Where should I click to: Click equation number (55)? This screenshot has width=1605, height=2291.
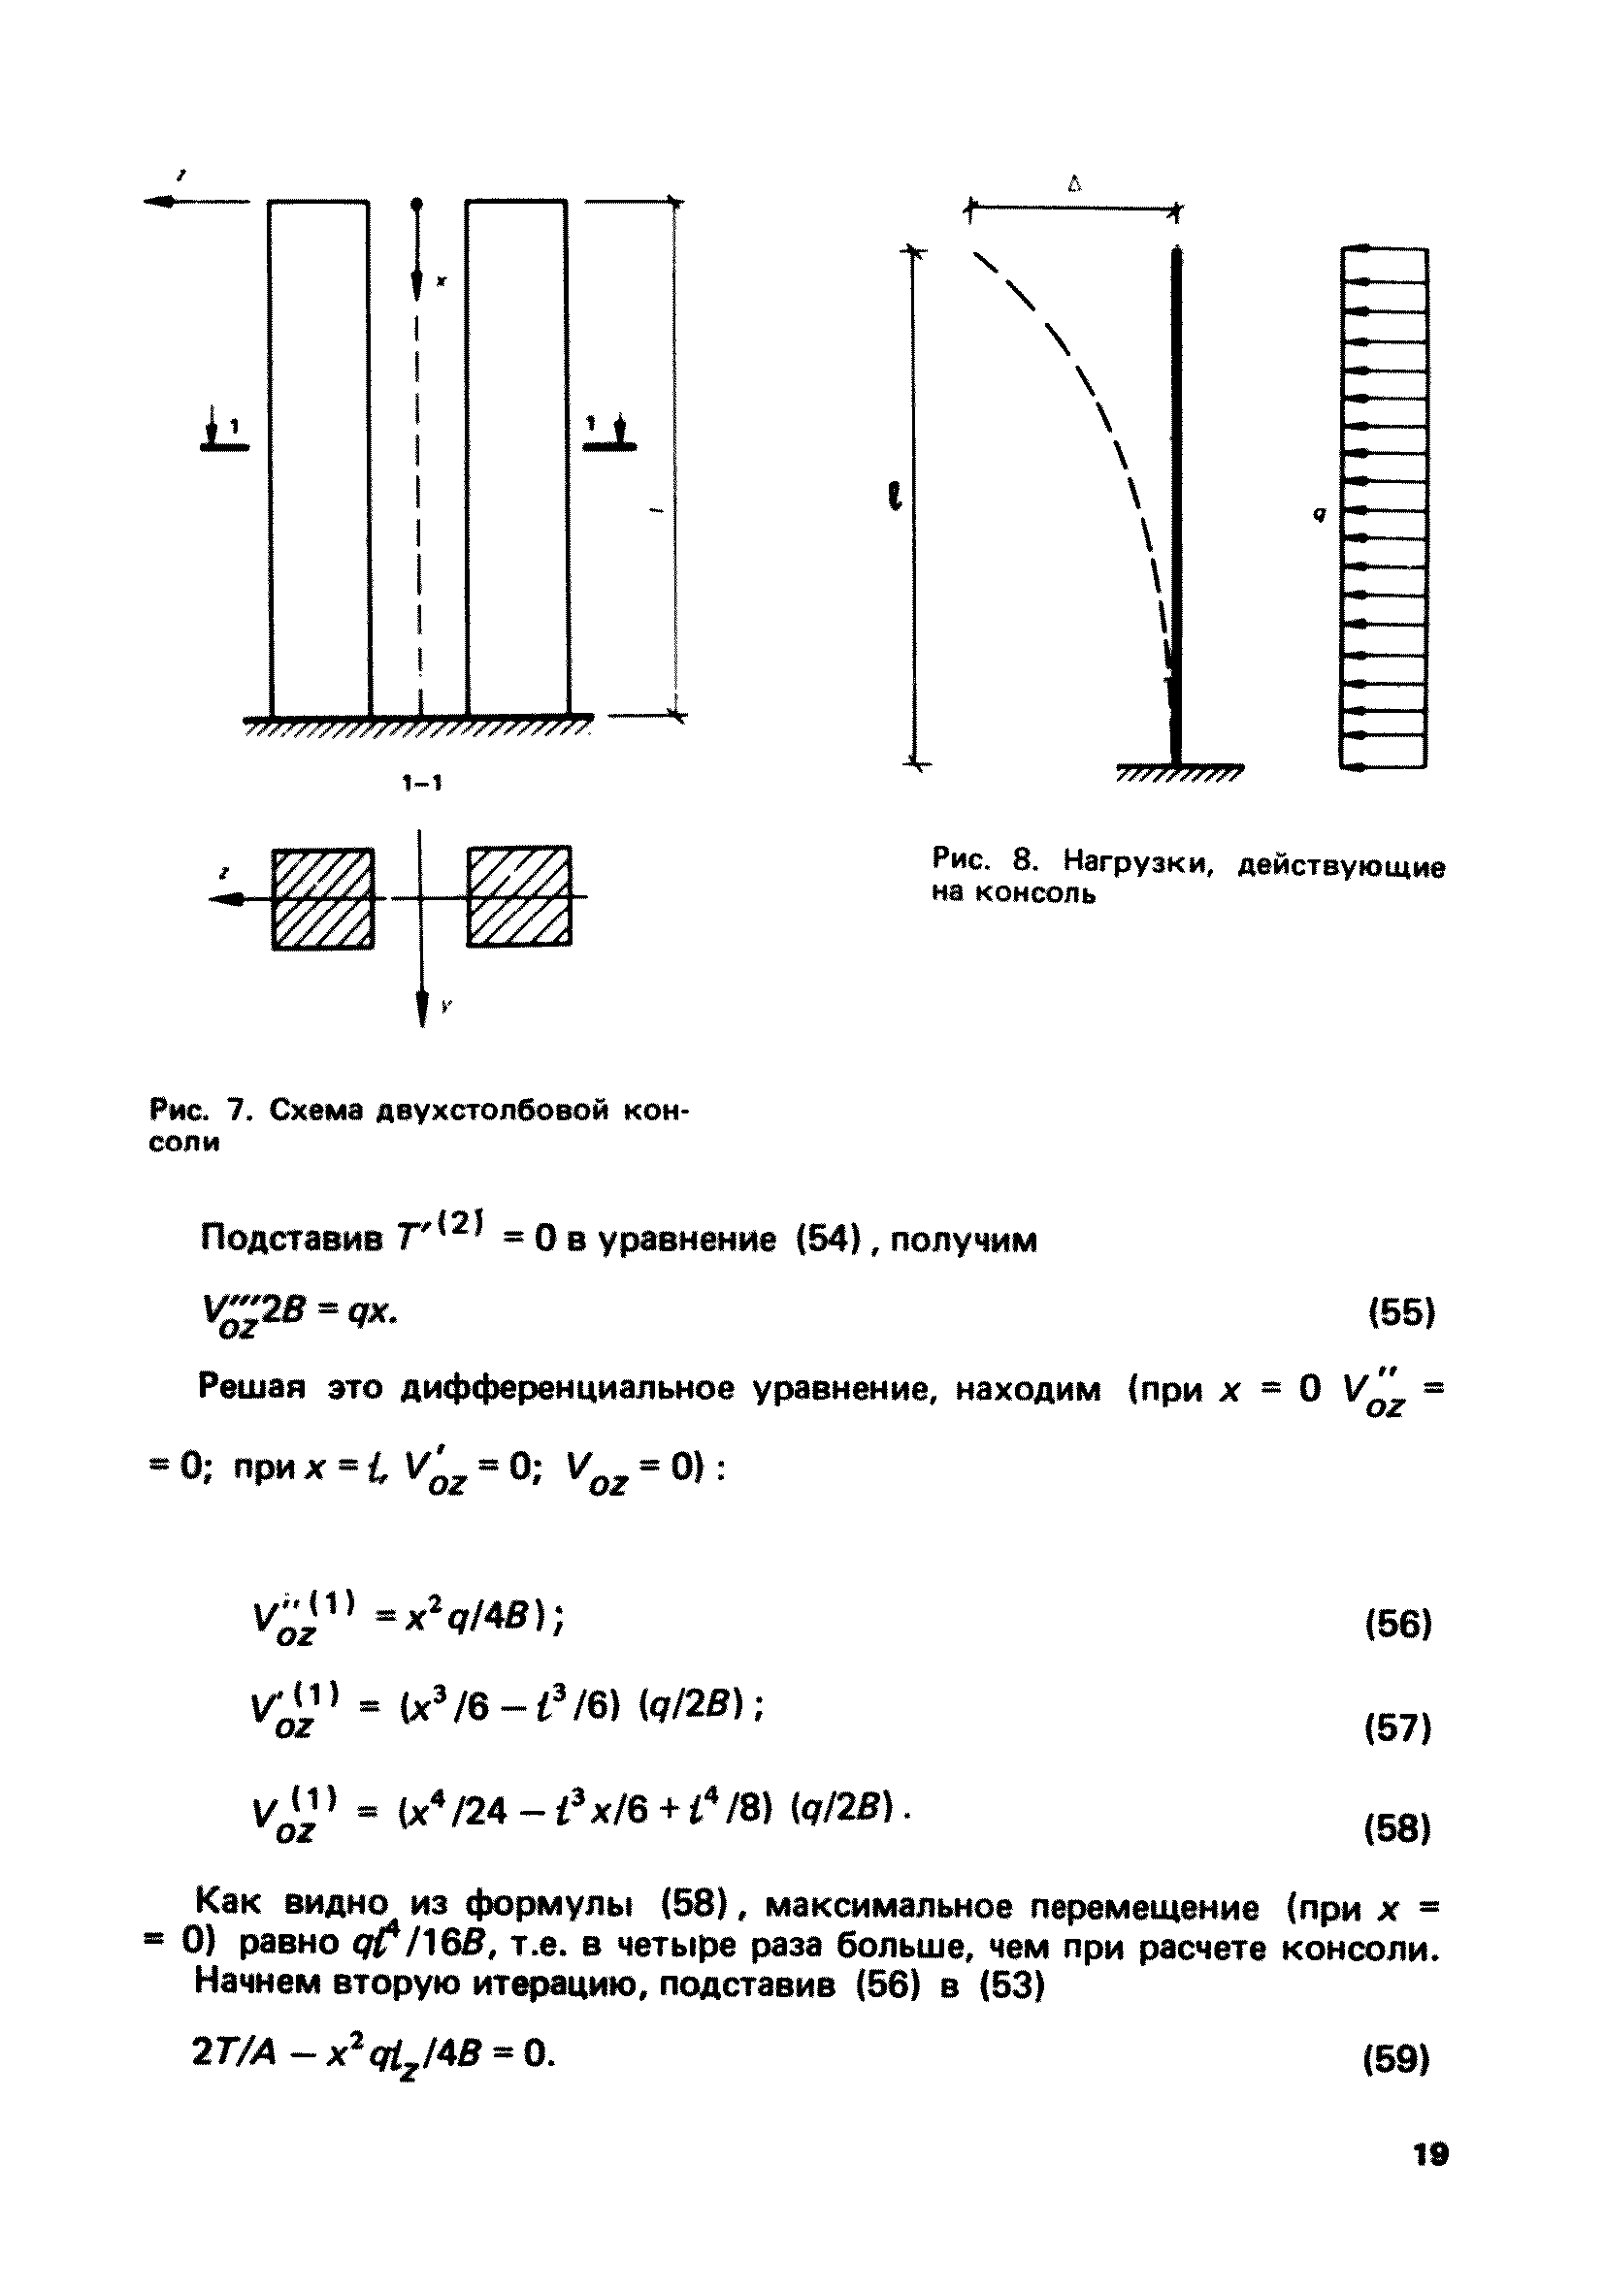click(x=1400, y=1311)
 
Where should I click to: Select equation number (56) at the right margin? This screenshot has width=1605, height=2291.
click(x=1398, y=1625)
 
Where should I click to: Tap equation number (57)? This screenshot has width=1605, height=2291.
click(x=1398, y=1727)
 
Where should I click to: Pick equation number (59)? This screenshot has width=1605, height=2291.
click(x=1396, y=2058)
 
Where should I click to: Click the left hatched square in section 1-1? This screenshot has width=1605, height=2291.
click(x=322, y=898)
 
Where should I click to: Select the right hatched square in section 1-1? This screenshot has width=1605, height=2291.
click(x=520, y=896)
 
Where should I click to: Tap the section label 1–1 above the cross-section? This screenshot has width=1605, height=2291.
click(x=422, y=784)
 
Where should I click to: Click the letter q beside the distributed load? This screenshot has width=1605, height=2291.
click(x=1320, y=515)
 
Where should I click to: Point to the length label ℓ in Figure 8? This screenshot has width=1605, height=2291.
click(x=896, y=495)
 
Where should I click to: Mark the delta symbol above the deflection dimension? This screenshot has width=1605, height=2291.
click(x=1074, y=183)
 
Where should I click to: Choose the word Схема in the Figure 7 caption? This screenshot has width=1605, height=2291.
click(x=311, y=1111)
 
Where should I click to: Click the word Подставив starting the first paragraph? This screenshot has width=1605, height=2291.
click(x=291, y=1239)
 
